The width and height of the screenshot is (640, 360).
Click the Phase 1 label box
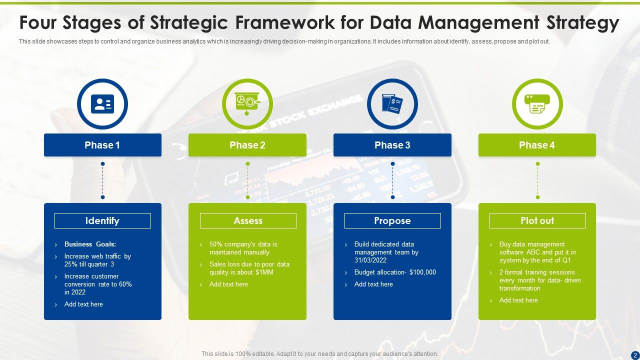click(102, 145)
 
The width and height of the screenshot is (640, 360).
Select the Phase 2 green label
click(247, 145)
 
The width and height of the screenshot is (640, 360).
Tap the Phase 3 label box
click(392, 145)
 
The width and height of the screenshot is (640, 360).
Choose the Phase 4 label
click(537, 145)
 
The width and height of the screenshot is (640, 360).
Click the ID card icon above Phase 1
click(102, 104)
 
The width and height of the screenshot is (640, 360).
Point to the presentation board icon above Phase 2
click(247, 103)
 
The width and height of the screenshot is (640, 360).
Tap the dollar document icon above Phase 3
click(392, 104)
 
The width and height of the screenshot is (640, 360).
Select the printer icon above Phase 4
click(537, 104)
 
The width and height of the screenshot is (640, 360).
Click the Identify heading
click(102, 220)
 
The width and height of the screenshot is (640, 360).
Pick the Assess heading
click(248, 220)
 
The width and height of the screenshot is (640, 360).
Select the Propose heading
click(392, 220)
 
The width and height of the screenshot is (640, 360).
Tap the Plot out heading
click(537, 220)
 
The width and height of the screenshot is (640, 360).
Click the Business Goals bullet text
click(90, 244)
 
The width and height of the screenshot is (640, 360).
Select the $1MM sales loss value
click(264, 272)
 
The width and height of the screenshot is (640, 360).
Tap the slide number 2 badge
click(634, 355)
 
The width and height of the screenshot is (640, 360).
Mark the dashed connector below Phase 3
click(392, 180)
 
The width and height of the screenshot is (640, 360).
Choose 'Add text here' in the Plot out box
click(518, 300)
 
